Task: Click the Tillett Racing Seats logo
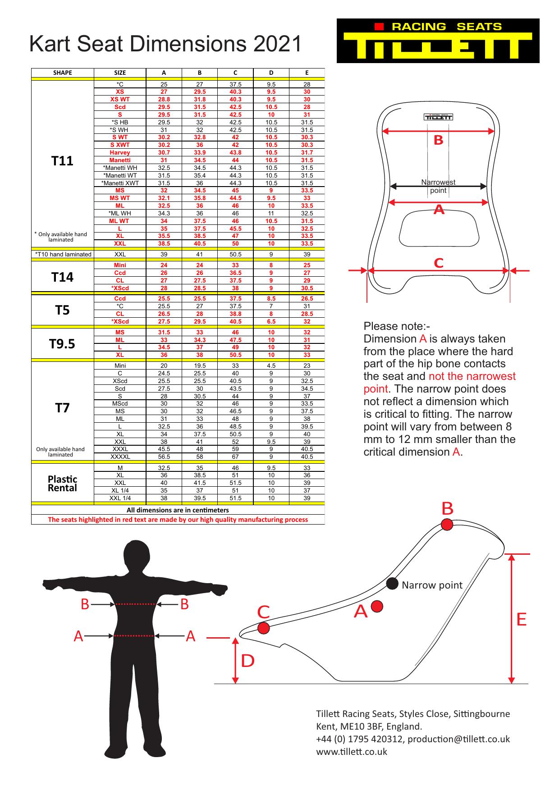pos(438,41)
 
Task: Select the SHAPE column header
pos(62,73)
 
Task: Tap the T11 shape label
pos(62,161)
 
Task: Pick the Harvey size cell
pos(120,153)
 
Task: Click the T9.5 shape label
pos(62,344)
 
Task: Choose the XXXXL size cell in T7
pos(120,457)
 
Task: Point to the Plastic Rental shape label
pos(62,484)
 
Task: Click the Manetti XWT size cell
pos(120,183)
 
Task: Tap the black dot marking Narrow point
pos(393,584)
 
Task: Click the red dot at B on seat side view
pos(447,524)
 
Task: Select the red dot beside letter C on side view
pos(264,627)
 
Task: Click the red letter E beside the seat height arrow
pos(521,620)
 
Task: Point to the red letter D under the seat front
pos(248,661)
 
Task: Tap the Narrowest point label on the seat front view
pos(438,186)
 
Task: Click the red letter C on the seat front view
pos(438,263)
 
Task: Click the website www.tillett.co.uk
pos(352,751)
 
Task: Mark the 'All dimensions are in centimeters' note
pos(178,510)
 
